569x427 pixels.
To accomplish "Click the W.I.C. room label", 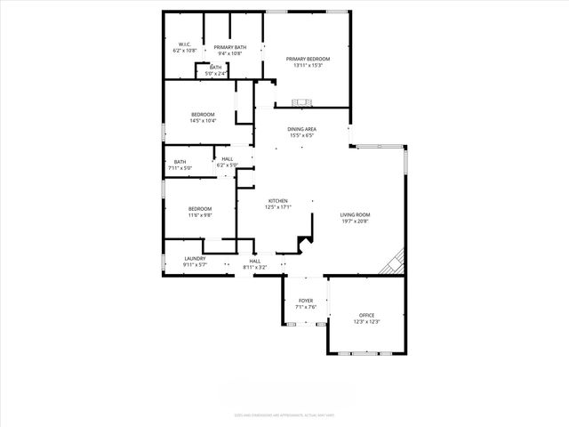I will (185, 44).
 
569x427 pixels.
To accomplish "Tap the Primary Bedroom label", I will (303, 59).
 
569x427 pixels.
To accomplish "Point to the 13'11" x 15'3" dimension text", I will (303, 65).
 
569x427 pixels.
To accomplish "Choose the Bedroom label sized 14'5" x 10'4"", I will (204, 115).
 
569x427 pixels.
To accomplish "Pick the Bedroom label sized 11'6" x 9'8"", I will (199, 208).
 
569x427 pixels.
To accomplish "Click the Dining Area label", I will (302, 129).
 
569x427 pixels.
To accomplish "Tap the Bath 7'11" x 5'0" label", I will (180, 162).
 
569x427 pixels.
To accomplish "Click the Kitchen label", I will (279, 201).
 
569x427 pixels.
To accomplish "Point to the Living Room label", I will (355, 214).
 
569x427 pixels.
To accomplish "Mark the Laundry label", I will (195, 259).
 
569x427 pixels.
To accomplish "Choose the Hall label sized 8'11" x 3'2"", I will (255, 261).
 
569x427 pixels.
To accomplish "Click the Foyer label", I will (306, 301).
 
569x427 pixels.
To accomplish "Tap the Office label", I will (367, 315).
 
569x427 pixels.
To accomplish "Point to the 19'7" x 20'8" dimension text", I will (355, 221).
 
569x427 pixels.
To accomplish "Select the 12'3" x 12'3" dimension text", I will (367, 321).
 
